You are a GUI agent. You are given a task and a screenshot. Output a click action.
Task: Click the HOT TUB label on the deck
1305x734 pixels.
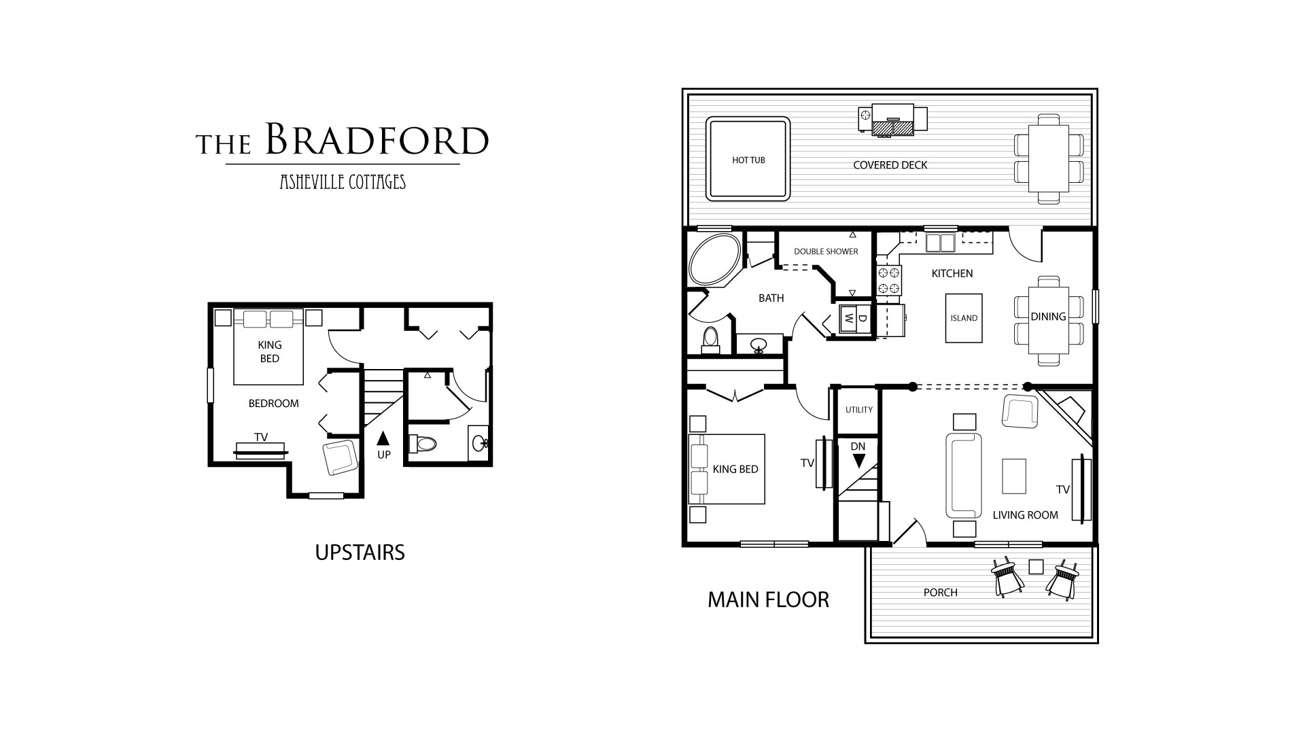tap(748, 160)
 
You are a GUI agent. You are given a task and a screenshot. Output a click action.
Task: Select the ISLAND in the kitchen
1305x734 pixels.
tap(964, 318)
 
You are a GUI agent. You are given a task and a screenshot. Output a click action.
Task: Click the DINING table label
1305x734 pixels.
tap(1048, 316)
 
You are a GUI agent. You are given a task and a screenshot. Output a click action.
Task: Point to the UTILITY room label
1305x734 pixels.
tap(859, 410)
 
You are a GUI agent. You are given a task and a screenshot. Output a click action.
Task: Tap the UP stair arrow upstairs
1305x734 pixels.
tap(383, 437)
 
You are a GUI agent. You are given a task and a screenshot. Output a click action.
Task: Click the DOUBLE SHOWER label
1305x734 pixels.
tap(826, 251)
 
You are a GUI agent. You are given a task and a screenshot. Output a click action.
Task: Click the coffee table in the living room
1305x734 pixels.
tap(1014, 476)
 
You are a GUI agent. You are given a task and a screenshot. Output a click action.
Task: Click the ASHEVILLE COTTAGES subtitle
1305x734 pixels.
tap(343, 181)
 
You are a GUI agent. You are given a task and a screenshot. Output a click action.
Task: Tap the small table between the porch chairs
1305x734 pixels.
tap(1036, 566)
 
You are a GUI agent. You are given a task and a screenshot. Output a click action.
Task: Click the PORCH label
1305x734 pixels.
tap(941, 593)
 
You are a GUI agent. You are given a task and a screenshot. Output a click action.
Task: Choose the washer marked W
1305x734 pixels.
tap(849, 317)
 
